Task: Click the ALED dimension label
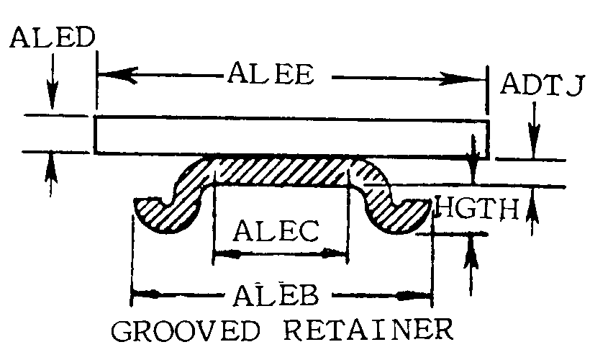pyautogui.click(x=53, y=37)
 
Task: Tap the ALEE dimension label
pyautogui.click(x=271, y=73)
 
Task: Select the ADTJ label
pyautogui.click(x=543, y=84)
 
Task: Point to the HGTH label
pyautogui.click(x=477, y=208)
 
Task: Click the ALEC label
pyautogui.click(x=276, y=230)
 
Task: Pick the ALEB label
pyautogui.click(x=276, y=295)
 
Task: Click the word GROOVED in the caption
pyautogui.click(x=186, y=330)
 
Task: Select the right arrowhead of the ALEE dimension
pyautogui.click(x=463, y=78)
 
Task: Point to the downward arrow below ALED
pyautogui.click(x=53, y=81)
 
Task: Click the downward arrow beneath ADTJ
pyautogui.click(x=534, y=130)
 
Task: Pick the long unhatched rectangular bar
pyautogui.click(x=291, y=138)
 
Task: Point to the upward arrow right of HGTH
pyautogui.click(x=532, y=212)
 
